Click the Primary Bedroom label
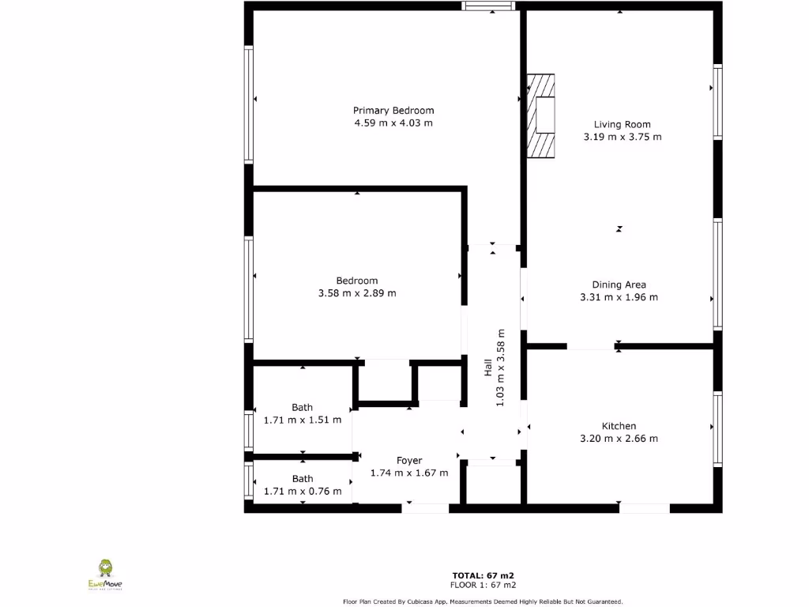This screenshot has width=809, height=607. tap(393, 111)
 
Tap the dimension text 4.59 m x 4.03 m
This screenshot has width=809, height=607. tap(393, 123)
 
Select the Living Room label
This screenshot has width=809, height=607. tap(623, 124)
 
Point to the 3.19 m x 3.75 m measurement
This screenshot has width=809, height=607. tap(623, 137)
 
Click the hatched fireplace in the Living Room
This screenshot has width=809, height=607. tap(542, 115)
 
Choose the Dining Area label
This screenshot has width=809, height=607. tap(619, 285)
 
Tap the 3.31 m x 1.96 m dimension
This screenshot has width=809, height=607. tap(619, 298)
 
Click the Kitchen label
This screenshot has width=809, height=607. tap(619, 426)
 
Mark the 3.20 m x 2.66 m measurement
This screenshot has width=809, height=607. tap(619, 439)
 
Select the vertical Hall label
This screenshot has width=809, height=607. tap(488, 368)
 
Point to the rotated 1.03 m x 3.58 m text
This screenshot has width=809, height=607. tap(500, 368)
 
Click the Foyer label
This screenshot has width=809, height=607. tap(409, 461)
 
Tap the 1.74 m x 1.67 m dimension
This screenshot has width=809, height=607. tap(409, 473)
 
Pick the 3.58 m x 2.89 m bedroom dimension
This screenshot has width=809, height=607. tap(357, 293)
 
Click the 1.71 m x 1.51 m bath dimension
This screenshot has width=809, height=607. tap(303, 420)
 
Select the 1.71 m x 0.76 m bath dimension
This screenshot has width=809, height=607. tap(303, 492)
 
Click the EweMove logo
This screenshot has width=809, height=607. tap(104, 575)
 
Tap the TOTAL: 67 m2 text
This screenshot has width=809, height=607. tap(484, 575)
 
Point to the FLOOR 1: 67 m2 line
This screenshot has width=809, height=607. tap(484, 586)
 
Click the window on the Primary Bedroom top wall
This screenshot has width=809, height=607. tap(488, 6)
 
